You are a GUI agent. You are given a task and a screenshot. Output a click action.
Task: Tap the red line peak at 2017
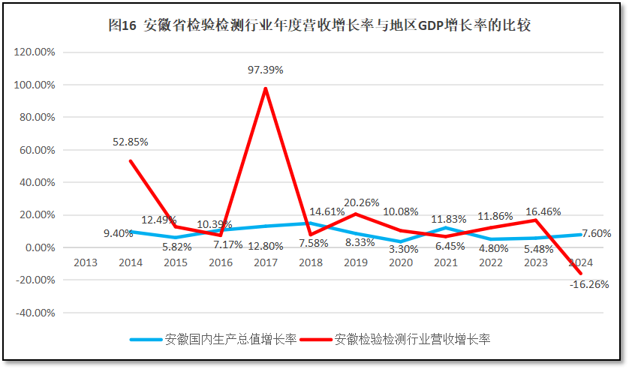(266, 88)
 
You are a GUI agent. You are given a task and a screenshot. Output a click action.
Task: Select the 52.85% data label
(130, 142)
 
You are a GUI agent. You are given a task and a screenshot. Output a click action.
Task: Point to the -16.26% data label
(588, 285)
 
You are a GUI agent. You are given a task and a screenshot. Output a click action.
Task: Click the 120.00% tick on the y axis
(35, 52)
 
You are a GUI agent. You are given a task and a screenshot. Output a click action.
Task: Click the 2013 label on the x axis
(85, 262)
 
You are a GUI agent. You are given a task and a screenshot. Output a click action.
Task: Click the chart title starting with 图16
(319, 25)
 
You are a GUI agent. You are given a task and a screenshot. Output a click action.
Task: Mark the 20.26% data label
(361, 202)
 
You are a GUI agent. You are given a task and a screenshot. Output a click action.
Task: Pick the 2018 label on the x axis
(309, 262)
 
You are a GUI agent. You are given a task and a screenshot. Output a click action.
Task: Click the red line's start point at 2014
(131, 160)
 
